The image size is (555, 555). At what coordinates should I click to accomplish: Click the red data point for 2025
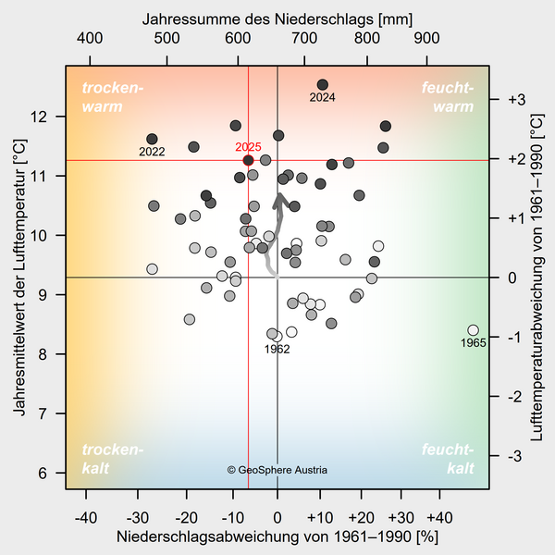pyautogui.click(x=249, y=160)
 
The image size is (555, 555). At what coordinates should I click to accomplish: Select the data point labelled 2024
pyautogui.click(x=323, y=85)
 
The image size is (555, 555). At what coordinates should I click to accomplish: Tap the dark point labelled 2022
pyautogui.click(x=152, y=139)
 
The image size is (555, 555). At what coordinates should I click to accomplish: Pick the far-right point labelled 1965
pyautogui.click(x=474, y=330)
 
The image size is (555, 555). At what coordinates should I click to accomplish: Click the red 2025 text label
pyautogui.click(x=249, y=147)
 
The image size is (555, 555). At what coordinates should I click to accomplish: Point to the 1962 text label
pyautogui.click(x=277, y=350)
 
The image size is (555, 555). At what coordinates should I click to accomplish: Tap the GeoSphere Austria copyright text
pyautogui.click(x=277, y=470)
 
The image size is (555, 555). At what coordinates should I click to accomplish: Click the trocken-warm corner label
pyautogui.click(x=113, y=97)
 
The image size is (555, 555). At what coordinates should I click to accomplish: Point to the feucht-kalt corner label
pyautogui.click(x=448, y=459)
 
